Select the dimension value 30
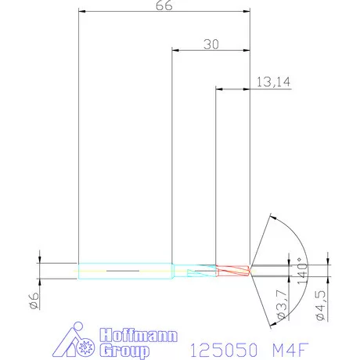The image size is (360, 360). [x=210, y=45]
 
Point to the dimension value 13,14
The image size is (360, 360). [x=270, y=81]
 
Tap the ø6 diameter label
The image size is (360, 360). [x=35, y=301]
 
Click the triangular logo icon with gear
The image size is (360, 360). [x=78, y=340]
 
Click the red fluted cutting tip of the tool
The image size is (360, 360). [x=233, y=270]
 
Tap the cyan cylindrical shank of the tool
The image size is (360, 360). [x=125, y=270]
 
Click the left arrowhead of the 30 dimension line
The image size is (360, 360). [x=175, y=50]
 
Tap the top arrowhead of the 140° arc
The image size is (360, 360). [x=272, y=214]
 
